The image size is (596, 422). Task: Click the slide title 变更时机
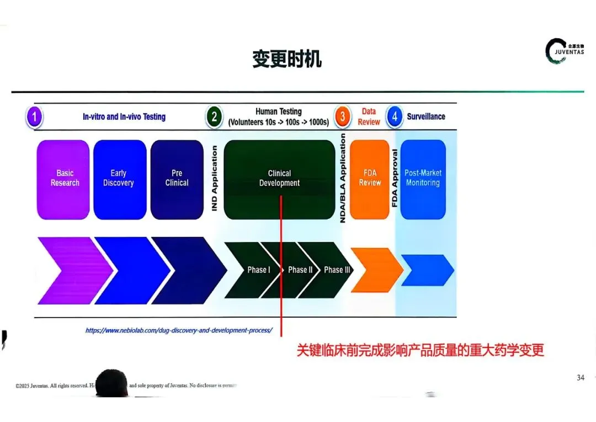tap(286, 59)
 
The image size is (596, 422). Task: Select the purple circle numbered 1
tap(34, 117)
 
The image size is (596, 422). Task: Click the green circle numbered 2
tap(214, 117)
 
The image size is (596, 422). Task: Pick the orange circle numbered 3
tap(343, 117)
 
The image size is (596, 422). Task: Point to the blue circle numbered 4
tap(394, 117)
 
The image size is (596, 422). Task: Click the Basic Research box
tap(63, 179)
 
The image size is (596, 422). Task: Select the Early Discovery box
tap(120, 179)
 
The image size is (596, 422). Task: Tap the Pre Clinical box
tap(177, 179)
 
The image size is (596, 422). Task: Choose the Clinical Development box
tap(279, 179)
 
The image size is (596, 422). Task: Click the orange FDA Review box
tap(370, 179)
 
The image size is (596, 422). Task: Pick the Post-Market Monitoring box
tap(423, 179)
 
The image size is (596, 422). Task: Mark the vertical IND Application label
tap(215, 178)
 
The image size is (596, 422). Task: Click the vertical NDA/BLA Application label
tap(343, 178)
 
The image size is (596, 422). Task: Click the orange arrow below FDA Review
tap(375, 270)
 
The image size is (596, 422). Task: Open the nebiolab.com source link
tap(179, 330)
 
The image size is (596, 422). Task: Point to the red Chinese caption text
tap(420, 350)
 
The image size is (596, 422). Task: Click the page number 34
tap(580, 378)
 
